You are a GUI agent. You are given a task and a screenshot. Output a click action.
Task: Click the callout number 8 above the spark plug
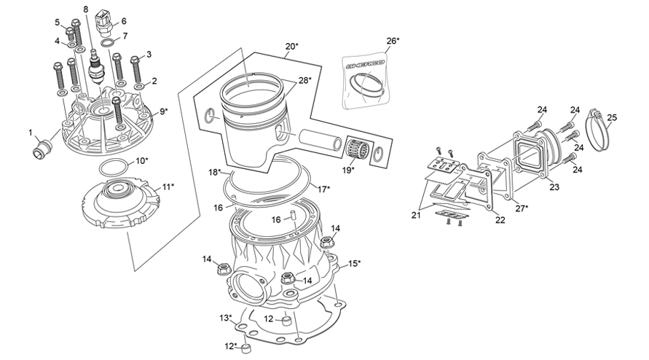coord(85,9)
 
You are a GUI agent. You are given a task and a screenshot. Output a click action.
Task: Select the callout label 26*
coord(393,41)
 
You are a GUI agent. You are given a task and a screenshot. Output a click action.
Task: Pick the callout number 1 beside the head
coord(31,133)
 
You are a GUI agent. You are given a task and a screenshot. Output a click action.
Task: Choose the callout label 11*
coord(167,187)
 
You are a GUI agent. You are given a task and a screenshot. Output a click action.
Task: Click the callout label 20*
coord(291,47)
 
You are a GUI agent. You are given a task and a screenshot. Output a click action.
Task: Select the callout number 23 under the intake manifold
coord(555,187)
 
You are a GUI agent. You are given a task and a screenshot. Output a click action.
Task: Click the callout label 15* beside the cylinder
coord(354,263)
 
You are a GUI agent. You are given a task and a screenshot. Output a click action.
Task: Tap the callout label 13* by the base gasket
coord(226,318)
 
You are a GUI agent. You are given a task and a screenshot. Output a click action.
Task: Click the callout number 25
coord(612,117)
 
